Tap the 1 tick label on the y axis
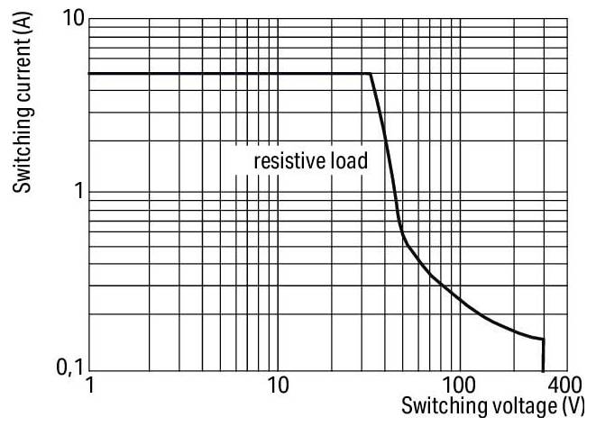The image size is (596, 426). tap(78, 192)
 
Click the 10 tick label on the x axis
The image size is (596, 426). tap(277, 386)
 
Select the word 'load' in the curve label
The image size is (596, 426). tap(349, 162)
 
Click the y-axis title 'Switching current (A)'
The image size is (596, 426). tap(25, 107)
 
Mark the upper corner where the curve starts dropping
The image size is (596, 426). tap(370, 74)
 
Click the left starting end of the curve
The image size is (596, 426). tap(89, 74)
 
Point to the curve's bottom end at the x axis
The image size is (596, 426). tap(544, 369)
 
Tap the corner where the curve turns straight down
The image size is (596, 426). tap(544, 339)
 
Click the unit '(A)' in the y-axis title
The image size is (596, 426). tap(25, 35)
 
